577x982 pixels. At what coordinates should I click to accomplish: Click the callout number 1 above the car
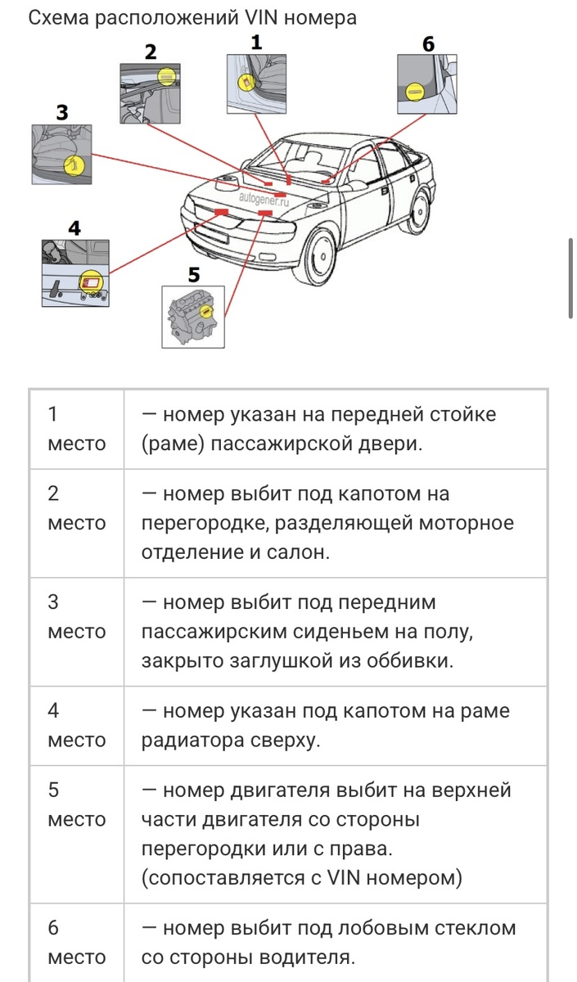click(x=256, y=43)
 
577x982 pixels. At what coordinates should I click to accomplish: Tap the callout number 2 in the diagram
click(x=150, y=52)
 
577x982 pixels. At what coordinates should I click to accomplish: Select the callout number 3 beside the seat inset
click(x=62, y=113)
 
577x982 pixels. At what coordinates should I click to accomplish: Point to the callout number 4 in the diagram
click(x=74, y=227)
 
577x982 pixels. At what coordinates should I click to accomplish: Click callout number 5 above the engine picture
click(x=194, y=273)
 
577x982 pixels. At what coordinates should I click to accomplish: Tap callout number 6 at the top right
click(x=428, y=43)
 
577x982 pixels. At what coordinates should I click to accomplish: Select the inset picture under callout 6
click(x=426, y=84)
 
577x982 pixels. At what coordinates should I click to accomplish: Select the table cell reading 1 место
click(x=76, y=429)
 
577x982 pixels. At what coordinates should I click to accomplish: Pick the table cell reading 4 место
click(x=76, y=725)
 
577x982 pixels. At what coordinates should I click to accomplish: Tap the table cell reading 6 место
click(x=76, y=943)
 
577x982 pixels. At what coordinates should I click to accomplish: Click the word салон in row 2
click(x=295, y=552)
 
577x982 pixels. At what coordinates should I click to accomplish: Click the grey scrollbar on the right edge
click(x=570, y=278)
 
